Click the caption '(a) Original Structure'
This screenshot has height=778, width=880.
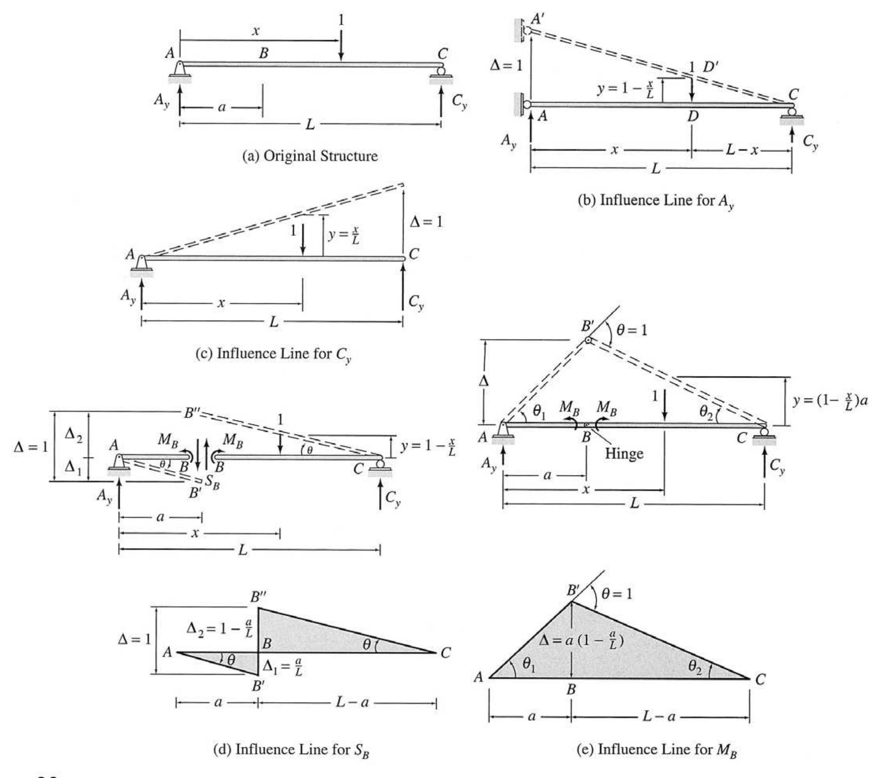pyautogui.click(x=310, y=156)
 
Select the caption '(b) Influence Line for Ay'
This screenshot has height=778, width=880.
pyautogui.click(x=656, y=201)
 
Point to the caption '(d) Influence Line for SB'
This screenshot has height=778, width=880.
pyautogui.click(x=292, y=750)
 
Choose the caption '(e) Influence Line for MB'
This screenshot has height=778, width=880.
pyautogui.click(x=656, y=750)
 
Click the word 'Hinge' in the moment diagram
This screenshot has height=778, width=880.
pyautogui.click(x=624, y=454)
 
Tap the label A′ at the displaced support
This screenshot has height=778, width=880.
pyautogui.click(x=538, y=19)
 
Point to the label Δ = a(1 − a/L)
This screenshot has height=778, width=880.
pyautogui.click(x=582, y=641)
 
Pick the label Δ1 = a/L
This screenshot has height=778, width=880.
pyautogui.click(x=283, y=667)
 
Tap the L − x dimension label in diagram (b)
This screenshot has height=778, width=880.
pyautogui.click(x=742, y=149)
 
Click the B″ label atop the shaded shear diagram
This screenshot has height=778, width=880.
pyautogui.click(x=258, y=597)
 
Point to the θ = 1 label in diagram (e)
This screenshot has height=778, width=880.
pyautogui.click(x=617, y=594)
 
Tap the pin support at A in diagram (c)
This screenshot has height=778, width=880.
pyautogui.click(x=141, y=266)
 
